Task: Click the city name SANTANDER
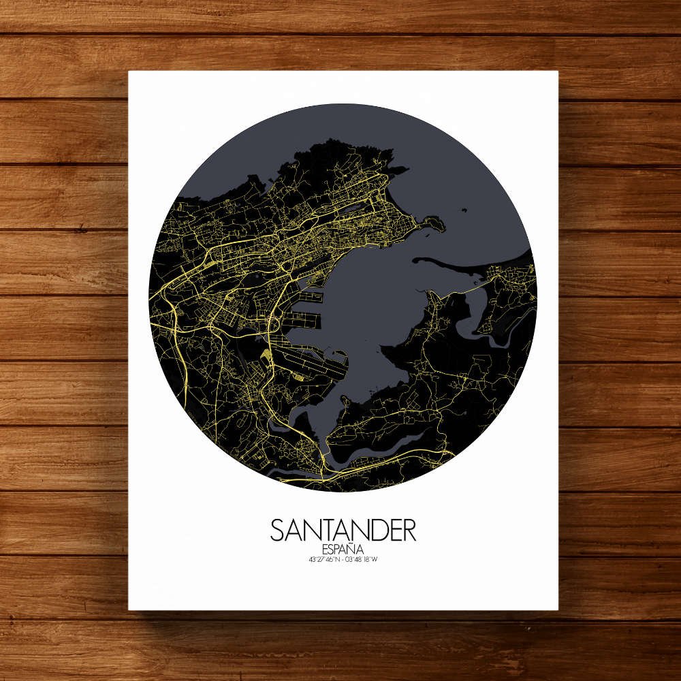click(x=343, y=530)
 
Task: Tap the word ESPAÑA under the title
click(x=343, y=549)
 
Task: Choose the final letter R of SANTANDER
click(x=408, y=530)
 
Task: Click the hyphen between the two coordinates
click(x=342, y=560)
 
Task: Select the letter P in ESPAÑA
click(x=336, y=549)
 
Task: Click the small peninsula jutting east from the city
click(x=433, y=223)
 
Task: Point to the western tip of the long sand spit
click(x=416, y=259)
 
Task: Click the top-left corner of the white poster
click(x=129, y=71)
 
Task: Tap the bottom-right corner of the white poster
click(x=558, y=609)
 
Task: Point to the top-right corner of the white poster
click(x=558, y=71)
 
